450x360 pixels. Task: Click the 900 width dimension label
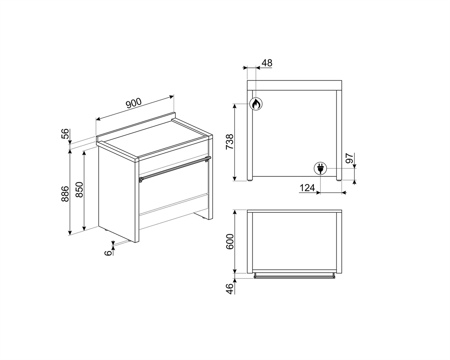133,103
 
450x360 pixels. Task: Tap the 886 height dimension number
65,194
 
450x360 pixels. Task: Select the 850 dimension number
79,190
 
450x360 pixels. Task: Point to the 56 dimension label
65,133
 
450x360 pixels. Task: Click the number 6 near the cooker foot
108,253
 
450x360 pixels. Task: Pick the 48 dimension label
267,63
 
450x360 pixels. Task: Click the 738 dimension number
229,142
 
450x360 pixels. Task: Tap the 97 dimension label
349,158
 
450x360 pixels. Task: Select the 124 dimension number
307,188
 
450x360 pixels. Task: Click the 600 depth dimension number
230,242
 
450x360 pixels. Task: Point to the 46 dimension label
229,289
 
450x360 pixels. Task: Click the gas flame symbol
256,104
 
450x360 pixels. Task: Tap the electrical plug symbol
320,168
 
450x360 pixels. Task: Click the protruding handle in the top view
294,276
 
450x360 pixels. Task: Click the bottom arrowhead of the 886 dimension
70,233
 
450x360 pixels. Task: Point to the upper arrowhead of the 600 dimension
235,212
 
